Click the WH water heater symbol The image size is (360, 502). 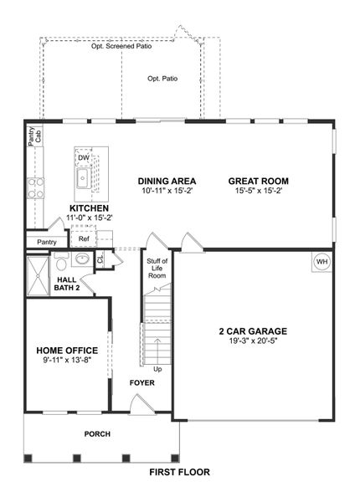[321, 263]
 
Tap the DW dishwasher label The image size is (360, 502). [84, 157]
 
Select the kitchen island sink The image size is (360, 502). [84, 178]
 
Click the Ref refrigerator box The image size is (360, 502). [84, 238]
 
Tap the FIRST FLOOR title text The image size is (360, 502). [179, 472]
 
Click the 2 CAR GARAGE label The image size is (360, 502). [253, 330]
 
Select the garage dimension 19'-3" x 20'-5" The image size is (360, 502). [253, 341]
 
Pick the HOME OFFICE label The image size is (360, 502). [67, 351]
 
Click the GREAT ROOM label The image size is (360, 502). [258, 181]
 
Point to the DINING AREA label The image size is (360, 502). [167, 181]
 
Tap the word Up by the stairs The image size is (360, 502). [157, 368]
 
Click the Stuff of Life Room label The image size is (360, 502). [157, 269]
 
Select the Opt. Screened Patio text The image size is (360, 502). [122, 47]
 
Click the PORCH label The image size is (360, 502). [96, 434]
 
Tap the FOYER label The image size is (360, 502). [141, 383]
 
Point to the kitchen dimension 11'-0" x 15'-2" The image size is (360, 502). [90, 218]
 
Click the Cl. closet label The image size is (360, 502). [100, 260]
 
